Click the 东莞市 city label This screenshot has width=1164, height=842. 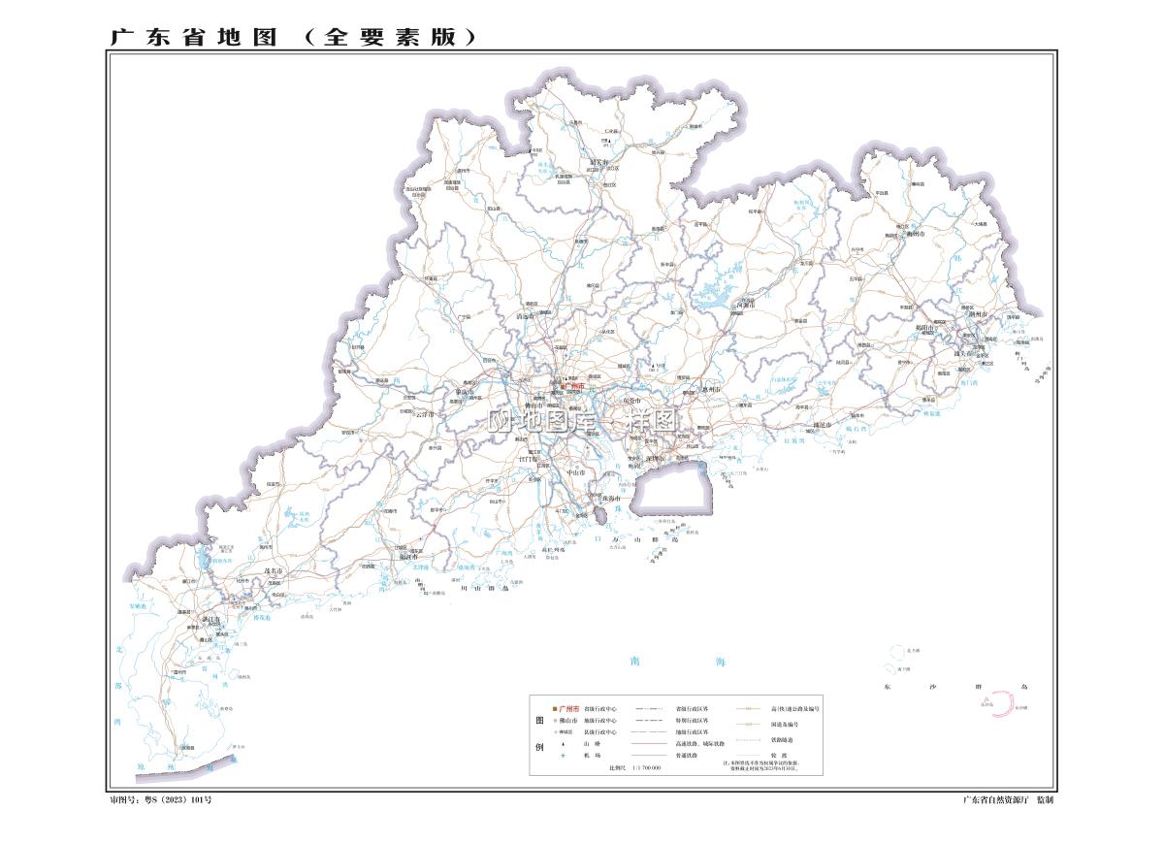pyautogui.click(x=631, y=401)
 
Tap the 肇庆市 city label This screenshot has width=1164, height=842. pyautogui.click(x=467, y=393)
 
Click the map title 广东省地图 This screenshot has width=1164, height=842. pyautogui.click(x=194, y=37)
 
